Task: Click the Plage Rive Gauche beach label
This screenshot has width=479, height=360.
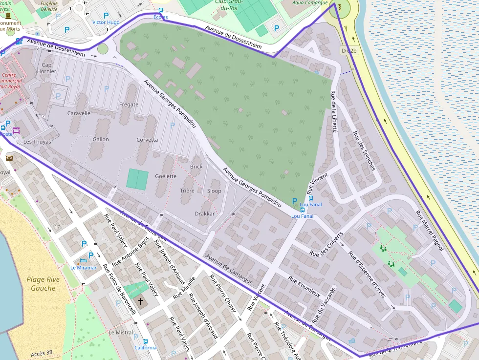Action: (43, 284)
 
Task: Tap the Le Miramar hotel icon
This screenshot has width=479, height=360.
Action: (83, 260)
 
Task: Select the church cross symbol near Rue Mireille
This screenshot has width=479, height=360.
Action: (141, 301)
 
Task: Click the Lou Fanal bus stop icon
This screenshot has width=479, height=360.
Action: (303, 210)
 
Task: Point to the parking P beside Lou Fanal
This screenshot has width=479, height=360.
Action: (294, 201)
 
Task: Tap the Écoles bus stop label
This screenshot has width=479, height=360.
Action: (160, 17)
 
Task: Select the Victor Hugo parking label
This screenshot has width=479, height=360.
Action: (106, 22)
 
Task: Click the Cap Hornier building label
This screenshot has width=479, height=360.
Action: (47, 68)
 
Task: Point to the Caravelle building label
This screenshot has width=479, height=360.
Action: (79, 113)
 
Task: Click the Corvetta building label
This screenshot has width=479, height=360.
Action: (147, 140)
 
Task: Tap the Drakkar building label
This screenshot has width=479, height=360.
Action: (205, 213)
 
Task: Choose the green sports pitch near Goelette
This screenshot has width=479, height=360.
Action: (137, 179)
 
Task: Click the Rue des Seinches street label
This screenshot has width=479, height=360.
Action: (364, 151)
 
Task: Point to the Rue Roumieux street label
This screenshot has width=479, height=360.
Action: (304, 287)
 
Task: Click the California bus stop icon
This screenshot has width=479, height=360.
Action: (145, 341)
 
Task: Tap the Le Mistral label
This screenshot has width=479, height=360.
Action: (120, 332)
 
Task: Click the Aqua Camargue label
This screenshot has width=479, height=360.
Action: (310, 2)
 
